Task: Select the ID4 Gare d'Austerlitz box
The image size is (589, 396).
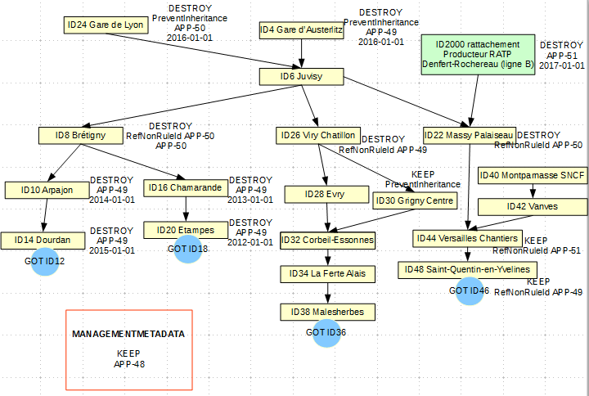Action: pyautogui.click(x=301, y=30)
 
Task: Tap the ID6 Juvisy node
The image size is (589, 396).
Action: pyautogui.click(x=301, y=77)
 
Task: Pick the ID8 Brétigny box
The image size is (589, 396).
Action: pyautogui.click(x=80, y=135)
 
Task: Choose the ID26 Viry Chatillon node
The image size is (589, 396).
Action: pyautogui.click(x=317, y=135)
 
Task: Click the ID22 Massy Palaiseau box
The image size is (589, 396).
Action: pyautogui.click(x=469, y=135)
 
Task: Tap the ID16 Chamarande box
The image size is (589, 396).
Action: pyautogui.click(x=185, y=188)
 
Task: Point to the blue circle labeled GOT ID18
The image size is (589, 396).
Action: pyautogui.click(x=187, y=249)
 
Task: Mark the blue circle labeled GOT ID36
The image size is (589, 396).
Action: pyautogui.click(x=326, y=332)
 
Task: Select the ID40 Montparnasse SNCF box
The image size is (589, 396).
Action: pyautogui.click(x=532, y=176)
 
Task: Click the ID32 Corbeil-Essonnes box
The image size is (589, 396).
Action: pyautogui.click(x=327, y=241)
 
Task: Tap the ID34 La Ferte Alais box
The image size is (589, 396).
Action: pyautogui.click(x=327, y=272)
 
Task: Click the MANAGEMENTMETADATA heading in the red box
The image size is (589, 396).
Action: pyautogui.click(x=128, y=335)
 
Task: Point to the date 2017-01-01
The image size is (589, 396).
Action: pyautogui.click(x=563, y=65)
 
